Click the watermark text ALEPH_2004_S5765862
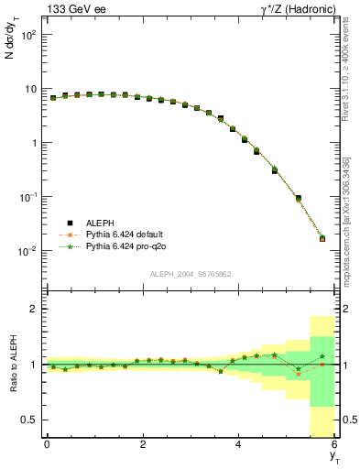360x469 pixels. click(190, 274)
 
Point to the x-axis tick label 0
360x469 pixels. click(47, 444)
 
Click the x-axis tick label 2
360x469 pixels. click(143, 444)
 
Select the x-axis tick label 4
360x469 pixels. click(239, 444)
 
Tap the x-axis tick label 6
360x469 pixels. click(335, 444)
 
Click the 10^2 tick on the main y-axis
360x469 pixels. click(28, 35)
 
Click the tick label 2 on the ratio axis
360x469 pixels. click(33, 309)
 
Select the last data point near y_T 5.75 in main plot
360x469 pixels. click(322, 238)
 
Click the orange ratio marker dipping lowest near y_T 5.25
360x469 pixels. click(298, 374)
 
